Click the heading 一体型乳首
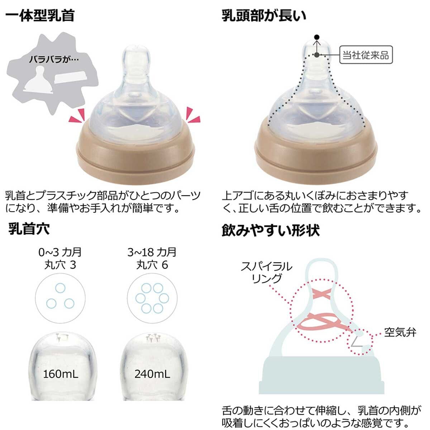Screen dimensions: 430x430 (x=40, y=16)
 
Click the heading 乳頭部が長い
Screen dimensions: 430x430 (x=264, y=16)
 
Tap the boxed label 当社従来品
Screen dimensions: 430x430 (x=365, y=55)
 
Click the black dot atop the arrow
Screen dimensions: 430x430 (x=316, y=37)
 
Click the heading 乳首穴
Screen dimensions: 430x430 (x=29, y=229)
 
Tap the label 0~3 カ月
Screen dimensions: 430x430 (x=60, y=252)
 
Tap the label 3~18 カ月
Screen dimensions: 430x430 (x=152, y=252)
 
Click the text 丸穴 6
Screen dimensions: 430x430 (x=152, y=265)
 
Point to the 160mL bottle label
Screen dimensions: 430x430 (x=60, y=374)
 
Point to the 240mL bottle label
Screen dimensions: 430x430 (x=152, y=374)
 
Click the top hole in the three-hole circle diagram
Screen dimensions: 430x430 (x=60, y=287)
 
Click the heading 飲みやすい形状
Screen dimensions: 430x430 (x=271, y=230)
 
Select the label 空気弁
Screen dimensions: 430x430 (x=400, y=332)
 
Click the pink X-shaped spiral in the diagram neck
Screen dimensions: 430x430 (x=321, y=295)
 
